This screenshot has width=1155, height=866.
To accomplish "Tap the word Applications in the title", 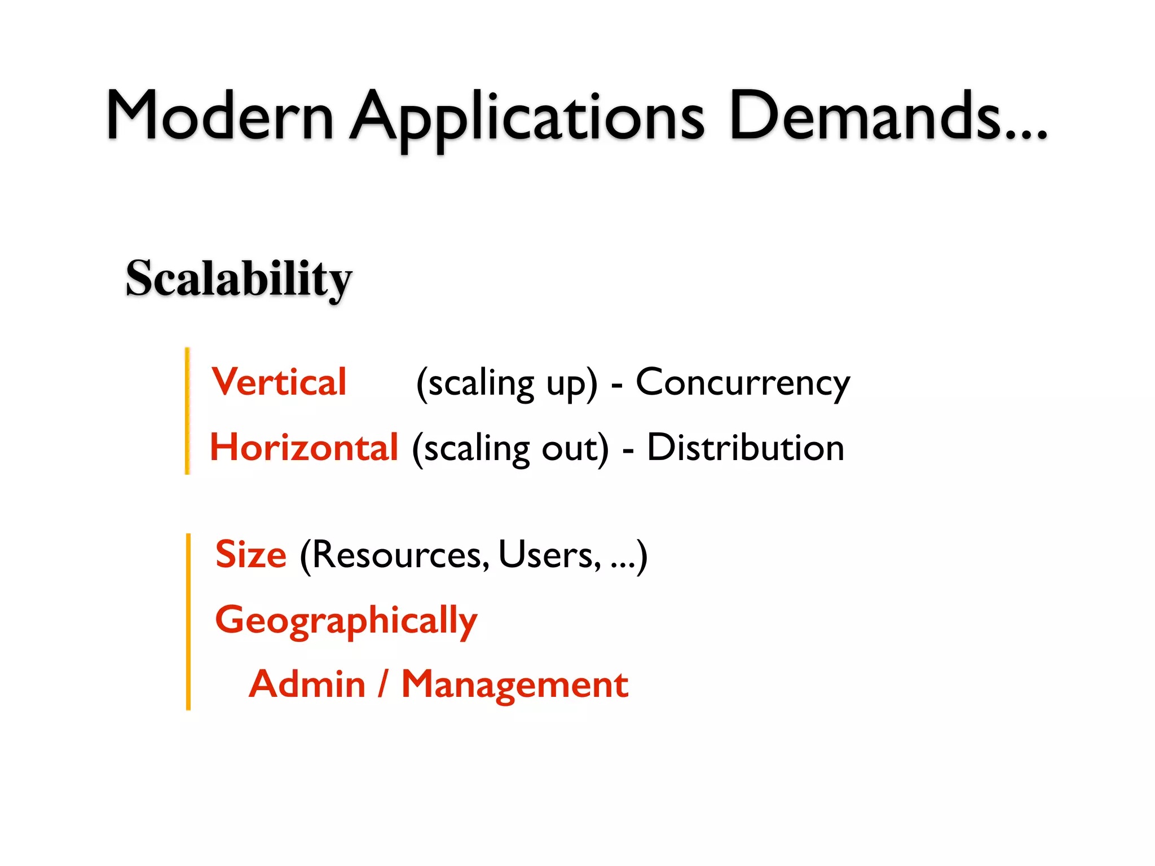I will [527, 118].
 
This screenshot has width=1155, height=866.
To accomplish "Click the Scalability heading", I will [239, 279].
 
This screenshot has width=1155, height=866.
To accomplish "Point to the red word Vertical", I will [279, 382].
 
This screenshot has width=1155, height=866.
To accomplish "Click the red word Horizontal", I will [304, 448].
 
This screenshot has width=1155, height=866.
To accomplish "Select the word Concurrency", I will [743, 383].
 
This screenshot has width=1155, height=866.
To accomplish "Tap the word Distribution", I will [745, 448].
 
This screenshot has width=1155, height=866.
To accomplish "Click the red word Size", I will [251, 555].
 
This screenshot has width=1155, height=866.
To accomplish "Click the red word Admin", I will [307, 684].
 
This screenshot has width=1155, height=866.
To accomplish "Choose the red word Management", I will [514, 684].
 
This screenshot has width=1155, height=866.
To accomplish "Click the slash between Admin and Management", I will [383, 684].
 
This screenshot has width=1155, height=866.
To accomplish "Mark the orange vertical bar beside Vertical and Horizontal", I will [187, 411].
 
